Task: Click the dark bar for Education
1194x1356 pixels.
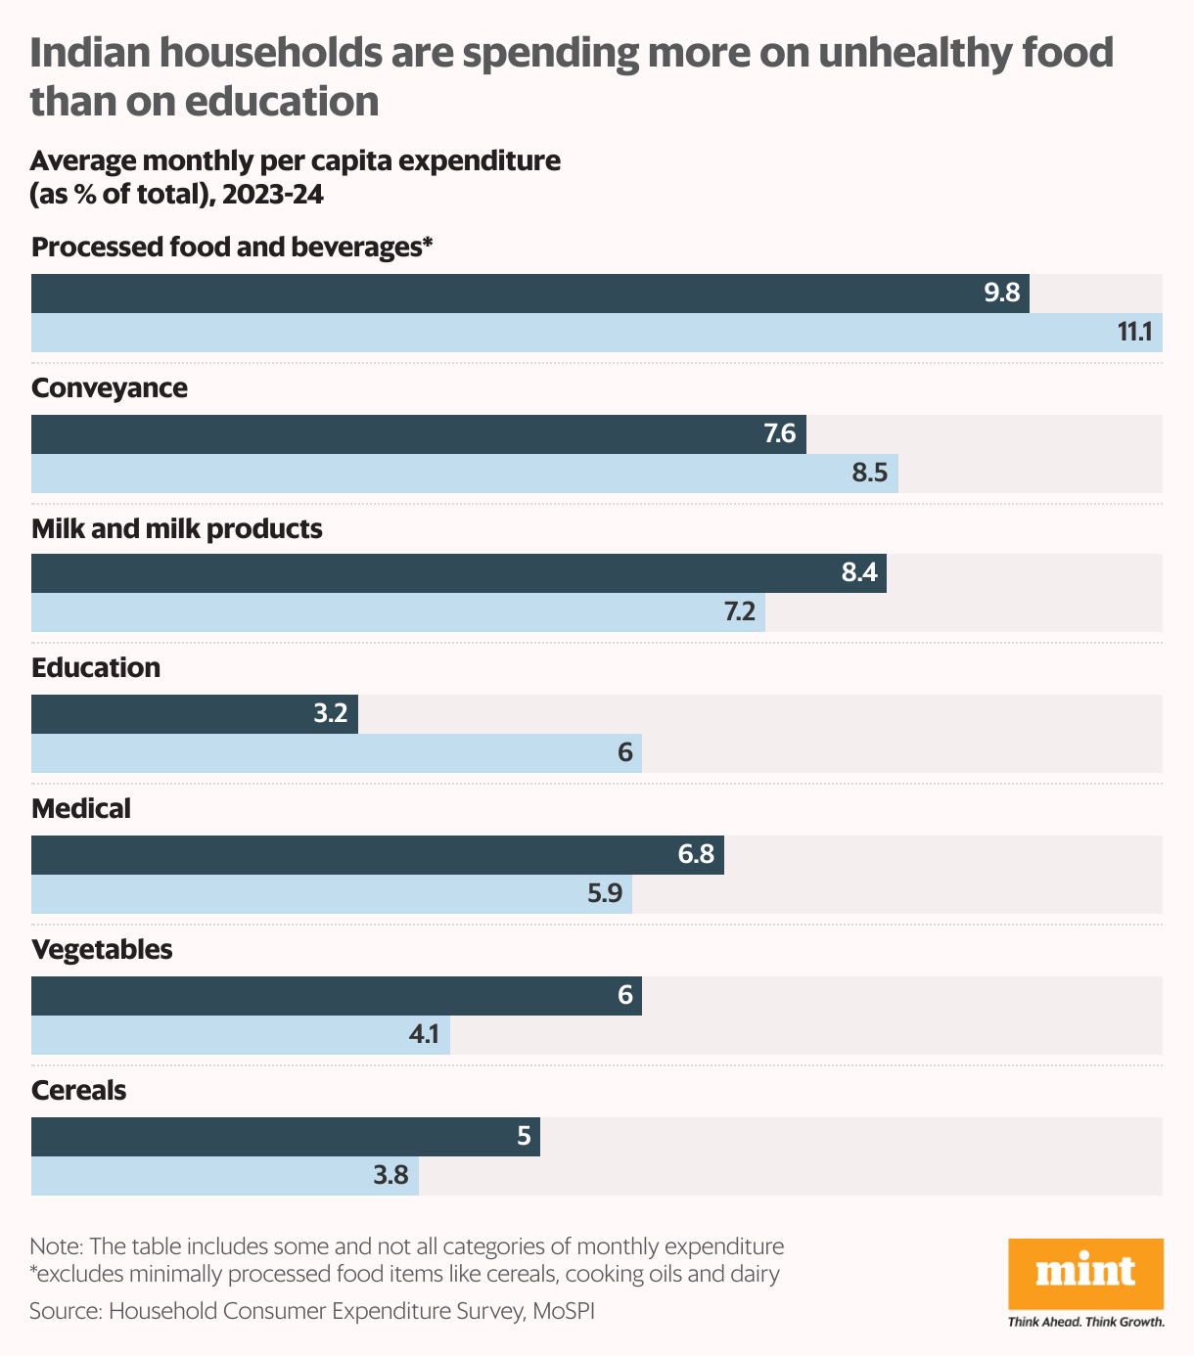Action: click(x=195, y=714)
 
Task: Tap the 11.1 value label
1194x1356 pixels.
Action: click(x=1134, y=333)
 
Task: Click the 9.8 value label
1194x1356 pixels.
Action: click(x=1002, y=293)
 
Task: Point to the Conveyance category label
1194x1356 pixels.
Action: click(x=110, y=388)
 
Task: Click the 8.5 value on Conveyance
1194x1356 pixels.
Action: click(x=869, y=474)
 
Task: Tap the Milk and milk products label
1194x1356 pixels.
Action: click(x=177, y=529)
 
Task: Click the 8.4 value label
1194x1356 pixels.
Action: click(x=859, y=573)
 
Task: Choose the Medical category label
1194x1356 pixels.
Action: click(x=81, y=809)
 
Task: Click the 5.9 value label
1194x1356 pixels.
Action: click(x=605, y=894)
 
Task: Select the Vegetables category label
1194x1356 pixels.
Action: click(x=102, y=950)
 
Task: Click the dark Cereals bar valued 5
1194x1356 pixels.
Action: click(x=285, y=1137)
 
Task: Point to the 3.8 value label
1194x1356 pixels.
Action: click(x=390, y=1175)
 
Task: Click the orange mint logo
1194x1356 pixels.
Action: click(x=1085, y=1273)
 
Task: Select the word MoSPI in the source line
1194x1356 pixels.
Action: click(x=563, y=1311)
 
